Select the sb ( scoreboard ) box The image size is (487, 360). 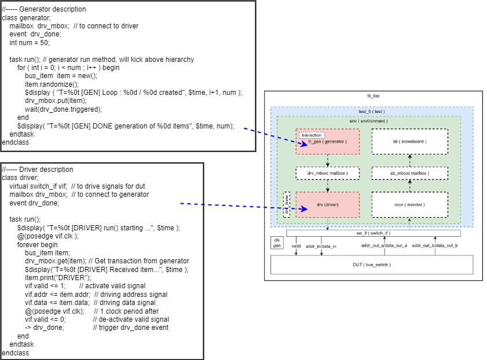(409, 141)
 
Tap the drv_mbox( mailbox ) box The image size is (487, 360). (328, 173)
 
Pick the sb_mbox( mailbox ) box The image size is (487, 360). (409, 173)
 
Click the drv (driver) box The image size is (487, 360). (328, 205)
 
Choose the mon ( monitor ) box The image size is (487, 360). (409, 205)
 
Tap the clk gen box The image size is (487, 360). (277, 243)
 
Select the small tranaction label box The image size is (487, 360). (312, 135)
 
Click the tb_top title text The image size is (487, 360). (374, 95)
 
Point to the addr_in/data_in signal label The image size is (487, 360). (321, 246)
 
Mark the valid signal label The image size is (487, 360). (296, 246)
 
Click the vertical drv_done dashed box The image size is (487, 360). (287, 204)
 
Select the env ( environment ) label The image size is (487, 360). (368, 121)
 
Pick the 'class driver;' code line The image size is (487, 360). (21, 178)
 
